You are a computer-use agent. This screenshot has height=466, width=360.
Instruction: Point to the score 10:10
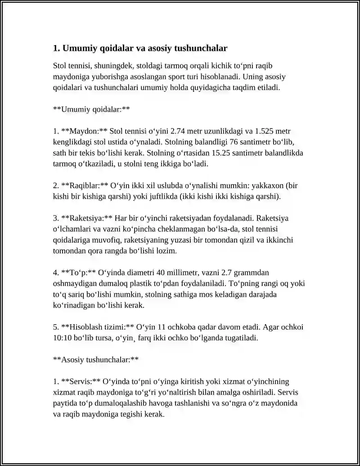click(x=62, y=338)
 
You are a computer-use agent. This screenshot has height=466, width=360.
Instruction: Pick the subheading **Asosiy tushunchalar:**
click(x=95, y=360)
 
